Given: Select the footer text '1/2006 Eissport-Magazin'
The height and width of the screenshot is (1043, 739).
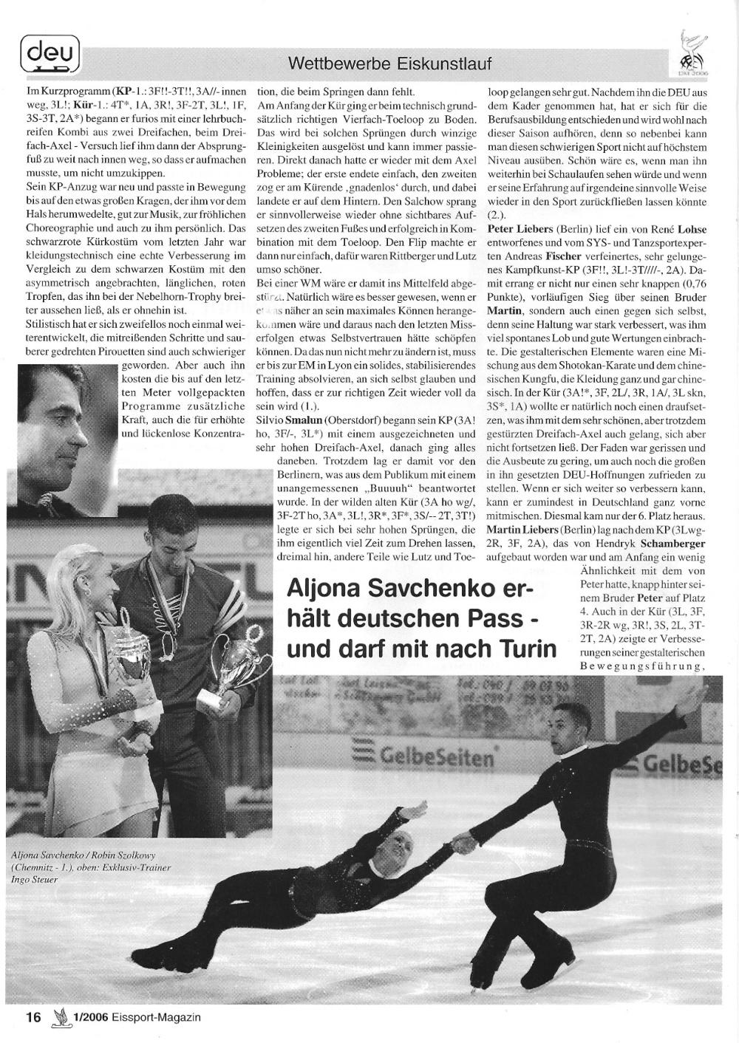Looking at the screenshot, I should click(136, 1017).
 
